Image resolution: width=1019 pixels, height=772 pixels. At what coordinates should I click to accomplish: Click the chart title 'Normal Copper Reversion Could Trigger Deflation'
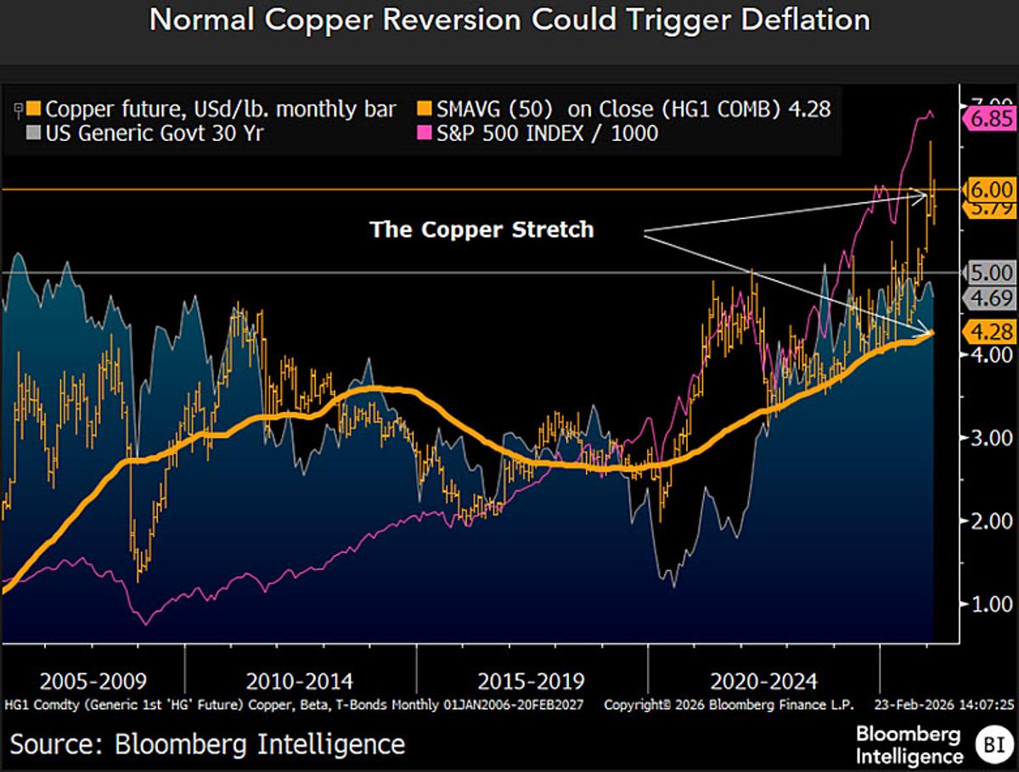pyautogui.click(x=509, y=20)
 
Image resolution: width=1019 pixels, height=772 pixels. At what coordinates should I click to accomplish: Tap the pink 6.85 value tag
pyautogui.click(x=991, y=120)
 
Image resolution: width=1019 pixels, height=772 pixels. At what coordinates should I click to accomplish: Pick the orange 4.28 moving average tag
pyautogui.click(x=990, y=331)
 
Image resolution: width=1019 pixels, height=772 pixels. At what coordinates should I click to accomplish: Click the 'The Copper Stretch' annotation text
pyautogui.click(x=481, y=229)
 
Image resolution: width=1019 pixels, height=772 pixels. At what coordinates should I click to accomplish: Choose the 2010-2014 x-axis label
pyautogui.click(x=300, y=681)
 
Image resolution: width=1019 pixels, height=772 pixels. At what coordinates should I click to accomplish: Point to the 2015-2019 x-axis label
pyautogui.click(x=531, y=681)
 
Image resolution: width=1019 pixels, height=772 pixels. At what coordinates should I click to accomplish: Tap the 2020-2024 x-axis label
pyautogui.click(x=763, y=681)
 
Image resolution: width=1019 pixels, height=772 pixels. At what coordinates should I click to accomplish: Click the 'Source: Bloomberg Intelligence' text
pyautogui.click(x=207, y=744)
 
